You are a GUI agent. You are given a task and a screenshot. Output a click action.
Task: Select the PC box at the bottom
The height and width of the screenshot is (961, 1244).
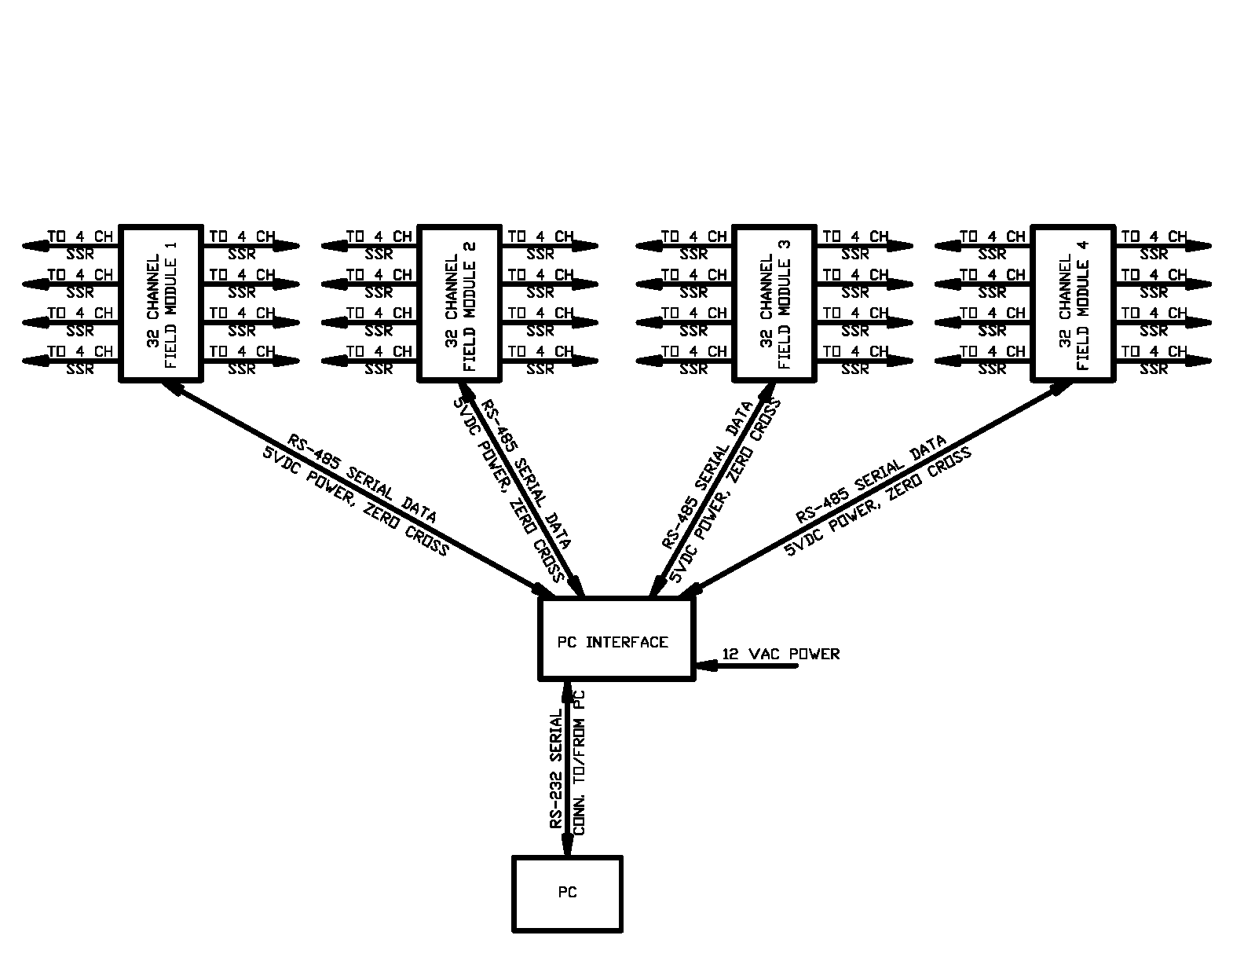point(567,893)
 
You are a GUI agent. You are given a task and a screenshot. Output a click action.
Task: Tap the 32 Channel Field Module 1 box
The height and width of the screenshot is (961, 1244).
point(160,304)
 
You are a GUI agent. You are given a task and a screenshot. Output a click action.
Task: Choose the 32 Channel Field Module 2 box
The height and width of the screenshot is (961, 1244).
point(459,304)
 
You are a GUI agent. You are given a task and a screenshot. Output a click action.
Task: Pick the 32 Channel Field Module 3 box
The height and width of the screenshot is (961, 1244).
point(774,304)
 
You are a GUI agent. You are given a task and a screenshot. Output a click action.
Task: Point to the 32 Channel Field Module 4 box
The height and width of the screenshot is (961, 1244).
point(1073,304)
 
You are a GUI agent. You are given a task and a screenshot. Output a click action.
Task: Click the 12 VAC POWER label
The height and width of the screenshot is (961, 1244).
point(781,654)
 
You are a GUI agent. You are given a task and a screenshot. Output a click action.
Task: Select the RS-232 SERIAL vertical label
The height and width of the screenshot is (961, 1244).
point(556,770)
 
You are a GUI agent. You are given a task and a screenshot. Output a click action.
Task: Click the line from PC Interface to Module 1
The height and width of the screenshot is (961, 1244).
point(353,487)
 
